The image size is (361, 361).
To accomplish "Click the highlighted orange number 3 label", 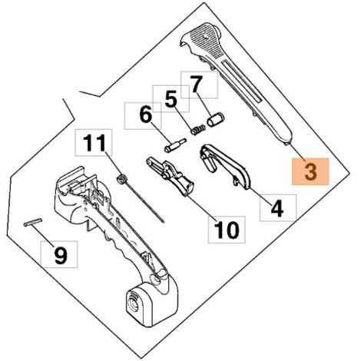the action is (x=310, y=171).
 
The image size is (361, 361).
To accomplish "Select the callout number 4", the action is (x=278, y=207).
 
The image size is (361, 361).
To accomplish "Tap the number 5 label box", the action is (x=171, y=99).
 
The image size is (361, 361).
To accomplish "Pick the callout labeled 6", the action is (x=143, y=116).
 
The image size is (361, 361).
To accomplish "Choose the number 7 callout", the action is (x=199, y=84).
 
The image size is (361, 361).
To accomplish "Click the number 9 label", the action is (x=59, y=254).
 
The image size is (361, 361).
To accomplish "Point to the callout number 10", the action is (x=227, y=230).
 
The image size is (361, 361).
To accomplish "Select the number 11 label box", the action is (x=94, y=142).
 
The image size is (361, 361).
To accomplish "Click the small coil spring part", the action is (x=198, y=130).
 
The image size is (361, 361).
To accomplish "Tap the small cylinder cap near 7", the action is (x=216, y=120).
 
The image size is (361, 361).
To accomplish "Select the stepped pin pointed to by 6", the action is (x=175, y=146).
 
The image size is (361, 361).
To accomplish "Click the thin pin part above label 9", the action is (x=33, y=222).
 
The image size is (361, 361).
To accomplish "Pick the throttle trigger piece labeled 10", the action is (x=171, y=176).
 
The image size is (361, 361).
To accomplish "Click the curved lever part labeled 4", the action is (x=225, y=166).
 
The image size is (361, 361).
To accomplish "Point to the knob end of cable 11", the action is (x=121, y=179).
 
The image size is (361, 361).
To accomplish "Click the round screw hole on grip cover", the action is (x=205, y=37).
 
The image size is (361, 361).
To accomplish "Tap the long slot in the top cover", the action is (x=242, y=81).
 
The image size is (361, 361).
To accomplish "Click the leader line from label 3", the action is (x=296, y=151).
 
